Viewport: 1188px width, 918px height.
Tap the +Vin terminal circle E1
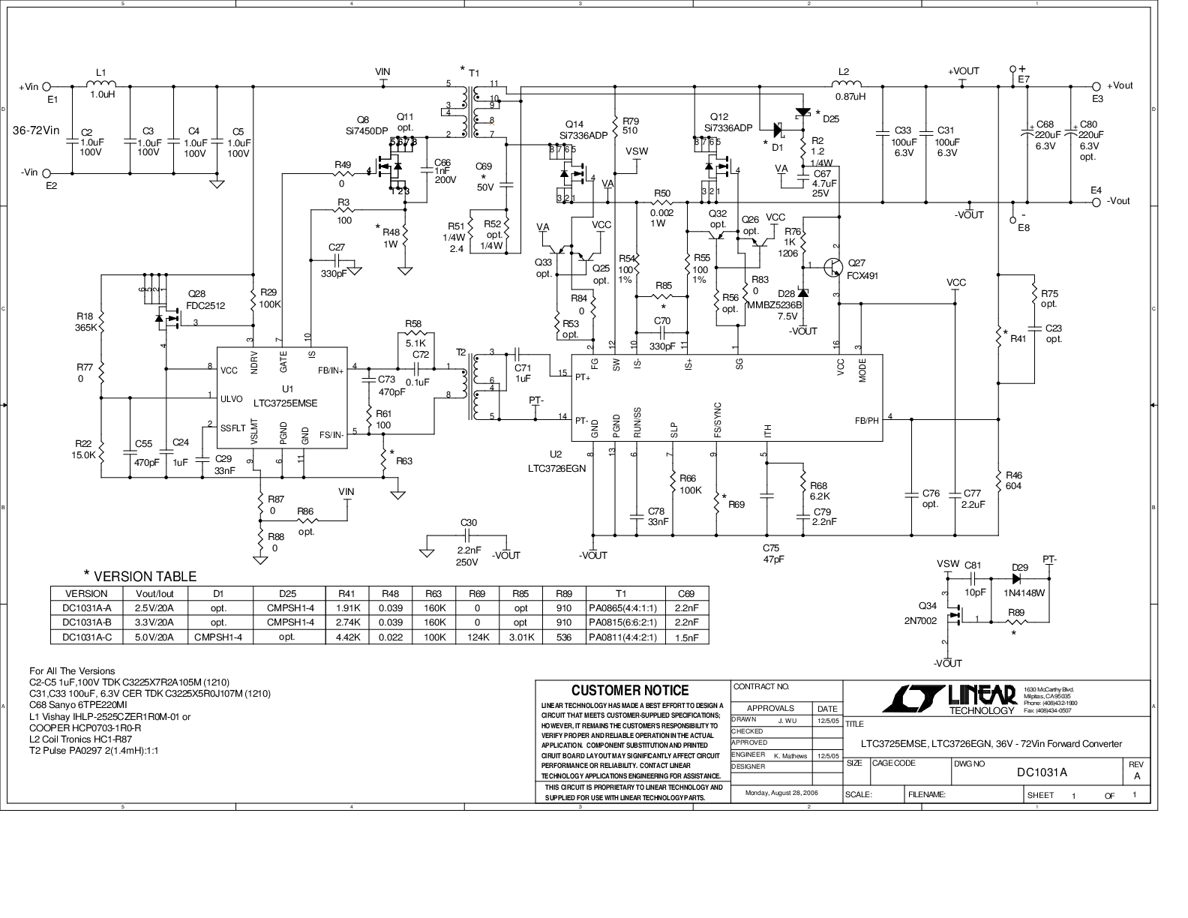[46, 87]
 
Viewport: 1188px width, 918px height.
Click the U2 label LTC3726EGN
[556, 467]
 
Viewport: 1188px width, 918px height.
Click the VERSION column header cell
[87, 593]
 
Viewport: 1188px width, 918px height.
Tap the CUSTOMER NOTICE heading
[629, 690]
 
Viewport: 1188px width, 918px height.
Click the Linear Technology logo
[949, 697]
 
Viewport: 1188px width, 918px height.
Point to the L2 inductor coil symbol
[847, 84]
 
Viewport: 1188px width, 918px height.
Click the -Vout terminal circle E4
[1096, 201]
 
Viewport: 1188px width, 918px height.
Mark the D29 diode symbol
[1018, 579]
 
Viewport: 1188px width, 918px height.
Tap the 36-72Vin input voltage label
[36, 130]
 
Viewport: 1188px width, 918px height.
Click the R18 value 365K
[86, 328]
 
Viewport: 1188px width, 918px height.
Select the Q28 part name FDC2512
[206, 305]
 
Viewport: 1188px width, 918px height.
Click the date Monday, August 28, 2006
[781, 792]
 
